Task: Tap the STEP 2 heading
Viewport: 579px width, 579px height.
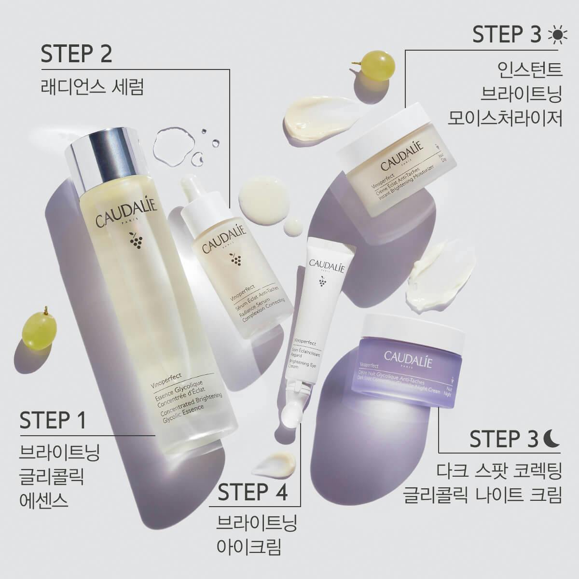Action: tap(76, 54)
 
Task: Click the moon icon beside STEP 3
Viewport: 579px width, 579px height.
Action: tap(553, 438)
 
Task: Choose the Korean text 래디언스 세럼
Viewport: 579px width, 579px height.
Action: tap(92, 88)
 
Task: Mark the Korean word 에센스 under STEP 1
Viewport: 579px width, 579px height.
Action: tap(43, 500)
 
